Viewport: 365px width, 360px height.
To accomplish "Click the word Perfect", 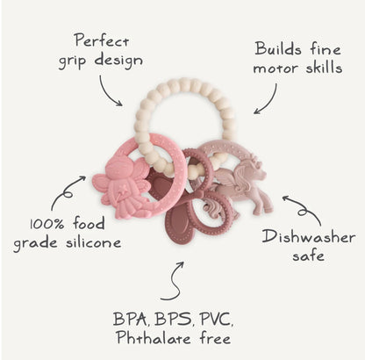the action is [102, 40].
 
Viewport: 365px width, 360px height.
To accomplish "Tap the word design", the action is [118, 61].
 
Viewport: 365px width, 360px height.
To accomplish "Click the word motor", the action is [276, 68].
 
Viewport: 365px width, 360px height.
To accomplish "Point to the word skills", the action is [324, 67].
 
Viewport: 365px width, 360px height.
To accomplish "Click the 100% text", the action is [47, 224].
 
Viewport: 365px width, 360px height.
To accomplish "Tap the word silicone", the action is [93, 241].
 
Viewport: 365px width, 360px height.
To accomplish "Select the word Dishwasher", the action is [309, 237].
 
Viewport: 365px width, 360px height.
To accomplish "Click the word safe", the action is [308, 256].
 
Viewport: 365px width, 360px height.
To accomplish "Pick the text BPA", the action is [130, 319].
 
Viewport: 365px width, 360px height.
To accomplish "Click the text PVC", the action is [217, 319].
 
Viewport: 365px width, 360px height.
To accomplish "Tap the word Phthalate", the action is [154, 337].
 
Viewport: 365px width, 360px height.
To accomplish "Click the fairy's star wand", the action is [123, 191].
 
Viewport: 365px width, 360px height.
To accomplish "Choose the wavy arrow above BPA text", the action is [175, 281].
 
